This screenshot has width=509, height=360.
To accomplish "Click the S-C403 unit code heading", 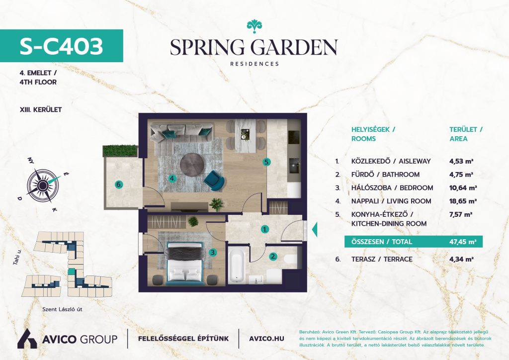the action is point(61,46).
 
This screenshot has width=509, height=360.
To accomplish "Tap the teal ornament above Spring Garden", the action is point(254,26).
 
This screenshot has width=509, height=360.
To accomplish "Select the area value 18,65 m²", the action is point(463,201).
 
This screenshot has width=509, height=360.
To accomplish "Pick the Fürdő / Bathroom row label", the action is point(385,175).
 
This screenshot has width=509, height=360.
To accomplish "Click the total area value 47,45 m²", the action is point(463,242).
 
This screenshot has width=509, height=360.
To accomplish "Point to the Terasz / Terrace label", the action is point(382,260).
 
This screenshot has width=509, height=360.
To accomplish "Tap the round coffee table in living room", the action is point(193,165).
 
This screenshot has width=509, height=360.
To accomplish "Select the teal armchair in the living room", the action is point(214,180).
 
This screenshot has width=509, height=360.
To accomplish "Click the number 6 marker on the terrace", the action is point(119,184).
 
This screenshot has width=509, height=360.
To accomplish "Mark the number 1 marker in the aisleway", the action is point(265,230).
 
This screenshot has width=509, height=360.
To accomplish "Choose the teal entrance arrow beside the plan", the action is point(314,230).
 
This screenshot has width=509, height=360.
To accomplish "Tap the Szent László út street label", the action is point(62,309).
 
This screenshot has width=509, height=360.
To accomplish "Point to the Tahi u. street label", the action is point(17,256).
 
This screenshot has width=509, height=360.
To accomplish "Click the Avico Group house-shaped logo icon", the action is point(27,339).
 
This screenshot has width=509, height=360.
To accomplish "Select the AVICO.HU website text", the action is point(266,339).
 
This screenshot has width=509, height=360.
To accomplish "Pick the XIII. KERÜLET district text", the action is point(41,110).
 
